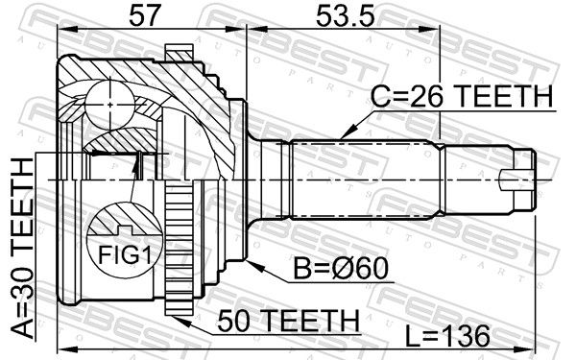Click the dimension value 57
[146, 15]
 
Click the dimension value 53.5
[346, 15]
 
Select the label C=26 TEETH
[462, 96]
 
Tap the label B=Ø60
[340, 269]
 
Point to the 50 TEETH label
[288, 321]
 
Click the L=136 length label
[447, 336]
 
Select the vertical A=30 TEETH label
[23, 248]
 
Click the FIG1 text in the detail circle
[125, 254]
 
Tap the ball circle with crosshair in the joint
[109, 105]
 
